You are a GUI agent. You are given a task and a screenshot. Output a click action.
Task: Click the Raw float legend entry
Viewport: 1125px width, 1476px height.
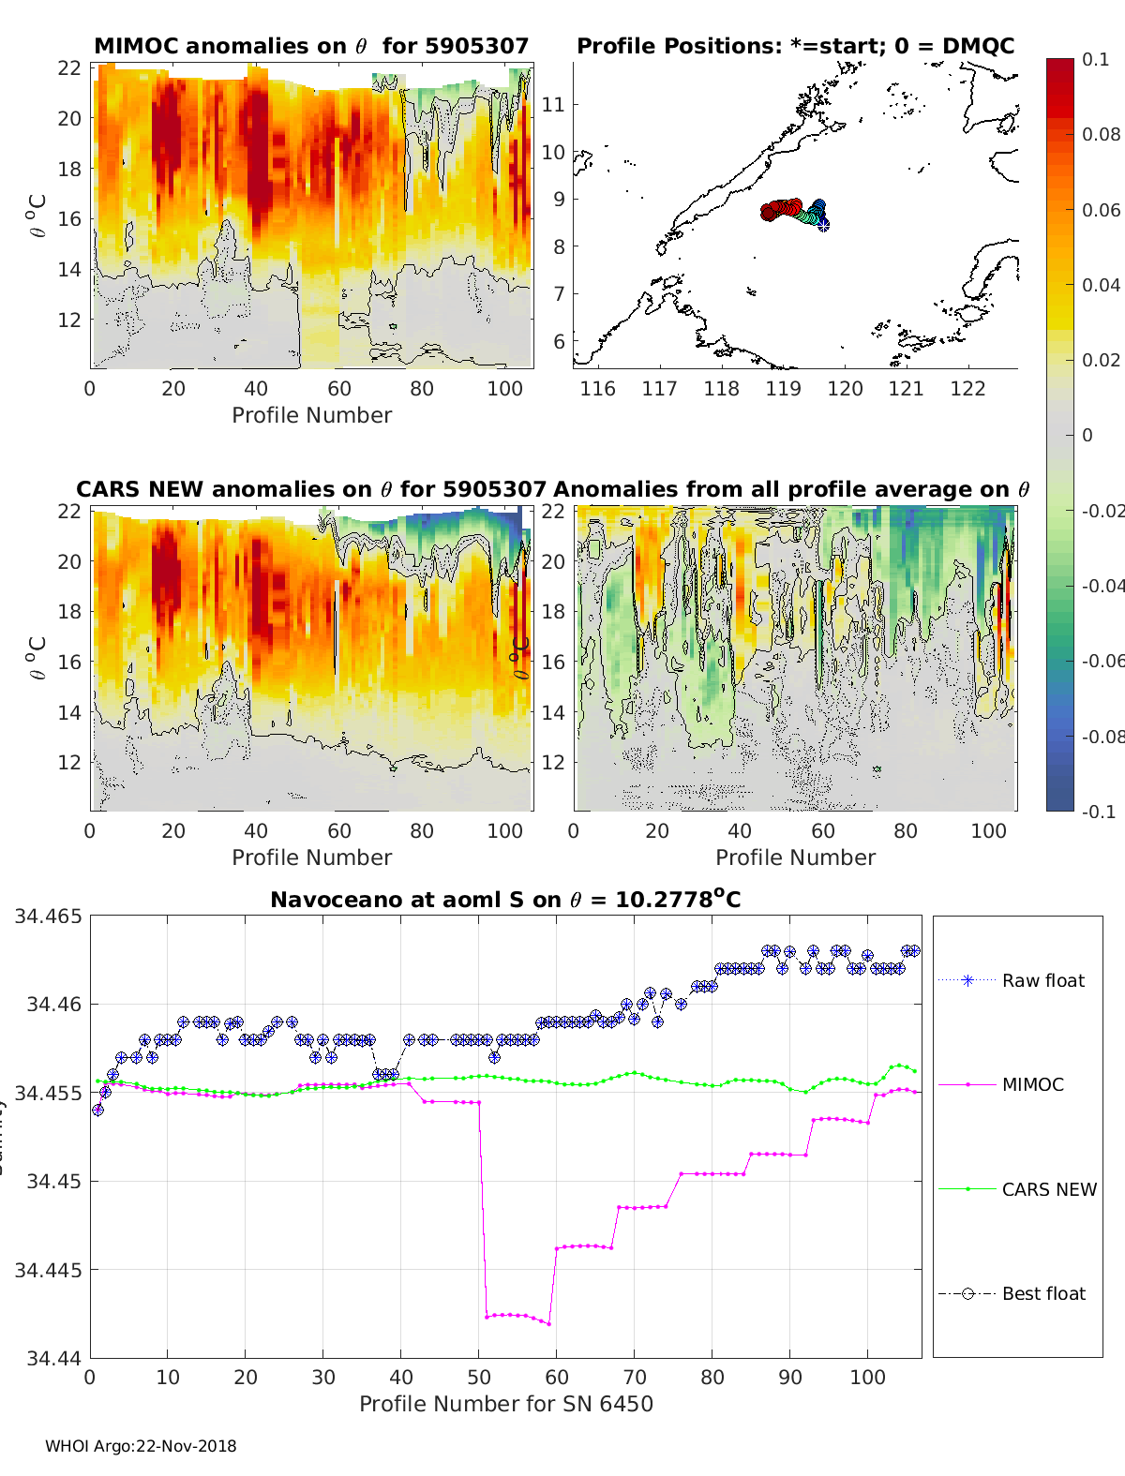pos(1042,980)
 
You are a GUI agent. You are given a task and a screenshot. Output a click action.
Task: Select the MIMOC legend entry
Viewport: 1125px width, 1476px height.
pos(1032,1084)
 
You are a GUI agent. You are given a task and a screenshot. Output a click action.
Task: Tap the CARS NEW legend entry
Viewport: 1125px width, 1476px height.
pos(1049,1189)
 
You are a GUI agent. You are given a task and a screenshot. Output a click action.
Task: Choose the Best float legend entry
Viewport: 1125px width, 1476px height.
pos(1043,1293)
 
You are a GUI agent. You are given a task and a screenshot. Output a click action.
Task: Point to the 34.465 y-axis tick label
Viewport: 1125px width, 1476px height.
pos(48,917)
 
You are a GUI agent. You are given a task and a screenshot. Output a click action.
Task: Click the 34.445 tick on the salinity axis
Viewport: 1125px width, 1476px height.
pos(48,1270)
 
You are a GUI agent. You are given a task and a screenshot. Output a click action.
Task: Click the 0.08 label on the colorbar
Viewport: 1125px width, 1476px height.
pos(1101,134)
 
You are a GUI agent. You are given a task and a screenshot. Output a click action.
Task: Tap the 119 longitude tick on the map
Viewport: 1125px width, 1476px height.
pos(783,388)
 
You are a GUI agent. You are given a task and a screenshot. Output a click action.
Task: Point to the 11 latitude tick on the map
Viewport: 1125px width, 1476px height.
pos(554,104)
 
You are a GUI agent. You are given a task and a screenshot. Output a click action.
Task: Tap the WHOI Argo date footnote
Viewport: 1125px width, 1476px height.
pos(141,1446)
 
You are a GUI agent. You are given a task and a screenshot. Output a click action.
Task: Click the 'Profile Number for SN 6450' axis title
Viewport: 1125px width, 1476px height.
pos(505,1404)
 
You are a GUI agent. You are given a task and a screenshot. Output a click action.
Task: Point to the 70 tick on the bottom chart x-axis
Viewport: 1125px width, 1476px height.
pos(635,1377)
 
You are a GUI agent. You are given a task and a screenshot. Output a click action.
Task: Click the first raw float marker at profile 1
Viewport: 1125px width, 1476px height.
pos(97,1110)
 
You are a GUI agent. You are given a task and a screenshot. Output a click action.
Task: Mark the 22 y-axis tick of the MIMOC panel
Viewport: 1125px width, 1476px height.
pos(69,67)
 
